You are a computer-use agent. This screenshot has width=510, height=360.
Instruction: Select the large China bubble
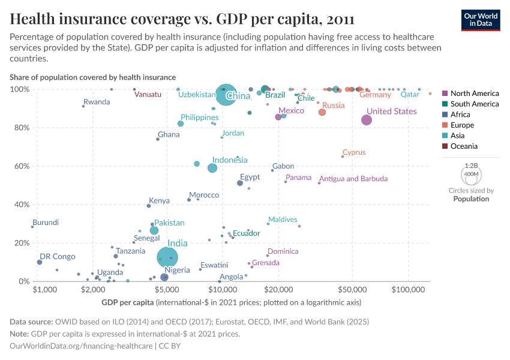[x=226, y=95]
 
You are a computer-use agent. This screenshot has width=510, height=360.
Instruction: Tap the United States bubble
[x=367, y=120]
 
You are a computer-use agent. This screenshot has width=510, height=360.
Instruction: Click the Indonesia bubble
[x=212, y=168]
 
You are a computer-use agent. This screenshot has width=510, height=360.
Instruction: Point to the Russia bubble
[x=322, y=112]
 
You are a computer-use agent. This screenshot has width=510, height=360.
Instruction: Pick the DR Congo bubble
[x=40, y=262]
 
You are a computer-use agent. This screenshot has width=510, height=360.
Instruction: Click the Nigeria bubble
[x=164, y=277]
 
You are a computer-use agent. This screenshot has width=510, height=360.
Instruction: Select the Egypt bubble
[x=240, y=183]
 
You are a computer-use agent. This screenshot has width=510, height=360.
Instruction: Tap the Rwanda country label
[x=97, y=102]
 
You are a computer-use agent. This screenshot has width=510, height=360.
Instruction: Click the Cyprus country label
[x=354, y=152]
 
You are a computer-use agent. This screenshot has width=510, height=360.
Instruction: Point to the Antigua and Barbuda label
[x=353, y=179]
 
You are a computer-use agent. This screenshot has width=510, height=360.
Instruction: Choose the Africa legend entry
[x=461, y=115]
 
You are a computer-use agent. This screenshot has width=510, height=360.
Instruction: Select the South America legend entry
[x=474, y=104]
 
